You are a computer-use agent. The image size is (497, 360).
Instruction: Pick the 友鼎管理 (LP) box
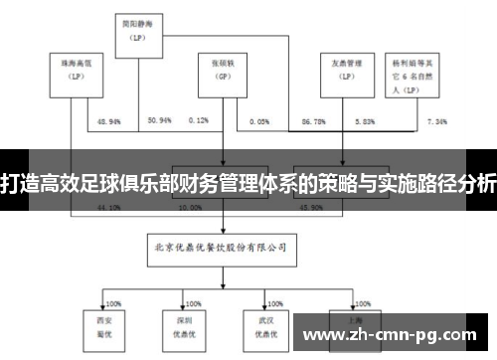tap(341, 71)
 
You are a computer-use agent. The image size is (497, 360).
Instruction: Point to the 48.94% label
tap(108, 120)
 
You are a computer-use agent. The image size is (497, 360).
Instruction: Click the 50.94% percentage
tap(159, 120)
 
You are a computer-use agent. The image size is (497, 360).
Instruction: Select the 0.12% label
tap(197, 120)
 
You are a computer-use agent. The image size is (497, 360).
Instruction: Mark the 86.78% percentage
tap(314, 120)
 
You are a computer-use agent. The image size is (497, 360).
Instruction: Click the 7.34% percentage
tap(437, 120)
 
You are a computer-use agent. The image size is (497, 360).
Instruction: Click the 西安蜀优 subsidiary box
tap(96, 324)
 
